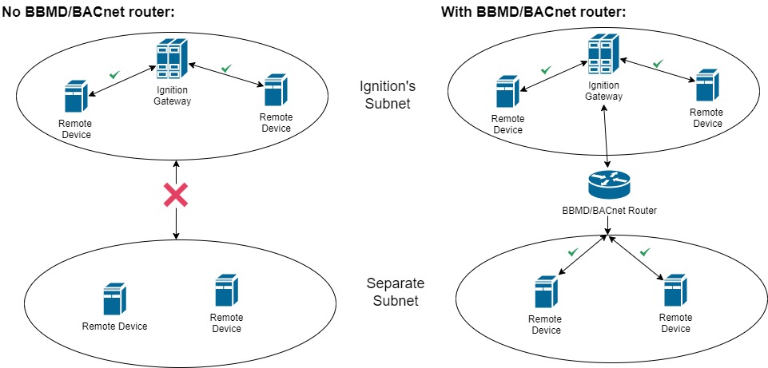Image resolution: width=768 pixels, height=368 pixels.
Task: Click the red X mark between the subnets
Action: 176,195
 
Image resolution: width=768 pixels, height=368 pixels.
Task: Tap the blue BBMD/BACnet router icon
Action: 610,186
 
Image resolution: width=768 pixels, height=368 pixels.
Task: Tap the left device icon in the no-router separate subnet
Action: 114,299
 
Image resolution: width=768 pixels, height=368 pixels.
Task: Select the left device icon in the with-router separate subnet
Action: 545,292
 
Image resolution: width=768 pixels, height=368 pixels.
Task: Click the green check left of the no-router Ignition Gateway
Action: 114,74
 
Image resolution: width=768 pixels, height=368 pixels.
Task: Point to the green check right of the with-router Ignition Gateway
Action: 658,64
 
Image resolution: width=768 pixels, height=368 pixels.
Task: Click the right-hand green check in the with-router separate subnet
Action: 644,252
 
